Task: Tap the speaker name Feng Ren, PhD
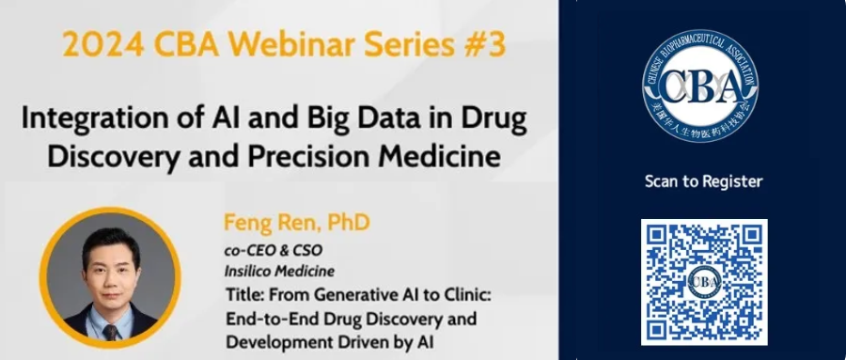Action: tap(296, 224)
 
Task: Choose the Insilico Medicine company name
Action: tap(282, 272)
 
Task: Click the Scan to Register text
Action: tap(703, 181)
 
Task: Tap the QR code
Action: tap(704, 281)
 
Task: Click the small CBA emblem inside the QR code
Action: tap(704, 282)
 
